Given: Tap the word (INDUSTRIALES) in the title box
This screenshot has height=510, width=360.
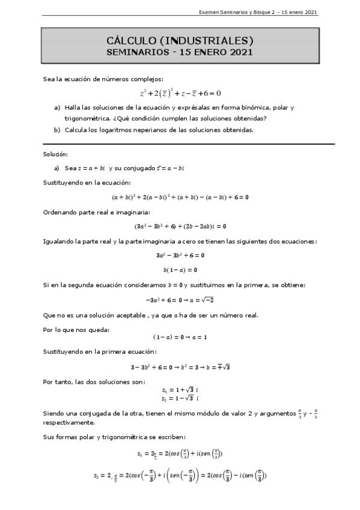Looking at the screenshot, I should (206, 41).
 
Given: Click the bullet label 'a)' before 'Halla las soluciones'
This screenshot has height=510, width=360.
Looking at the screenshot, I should (57, 107).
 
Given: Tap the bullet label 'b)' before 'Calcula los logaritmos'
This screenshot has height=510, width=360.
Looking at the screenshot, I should (57, 129).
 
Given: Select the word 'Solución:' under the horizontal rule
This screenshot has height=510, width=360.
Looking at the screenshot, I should (56, 155).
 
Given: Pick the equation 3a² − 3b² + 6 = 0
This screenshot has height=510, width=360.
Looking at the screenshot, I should (180, 255).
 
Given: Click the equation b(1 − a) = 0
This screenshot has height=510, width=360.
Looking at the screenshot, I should (180, 269).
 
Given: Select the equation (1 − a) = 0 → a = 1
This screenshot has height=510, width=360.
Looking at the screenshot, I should (180, 337).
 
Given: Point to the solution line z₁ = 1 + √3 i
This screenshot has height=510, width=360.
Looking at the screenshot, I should (180, 390).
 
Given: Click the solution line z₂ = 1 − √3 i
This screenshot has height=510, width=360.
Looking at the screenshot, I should (180, 398).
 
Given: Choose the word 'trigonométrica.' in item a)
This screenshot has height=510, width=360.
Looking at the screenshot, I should (77, 118).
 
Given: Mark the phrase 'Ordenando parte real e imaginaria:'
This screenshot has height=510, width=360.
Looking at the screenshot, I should (88, 211).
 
